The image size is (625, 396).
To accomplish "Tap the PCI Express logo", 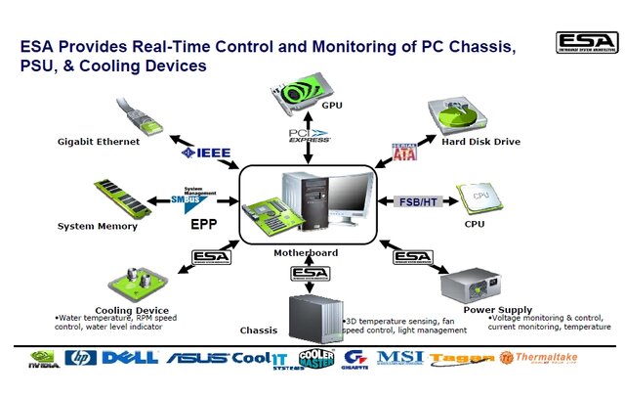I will click(310, 135).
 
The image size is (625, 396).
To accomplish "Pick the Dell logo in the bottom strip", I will click(124, 359).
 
